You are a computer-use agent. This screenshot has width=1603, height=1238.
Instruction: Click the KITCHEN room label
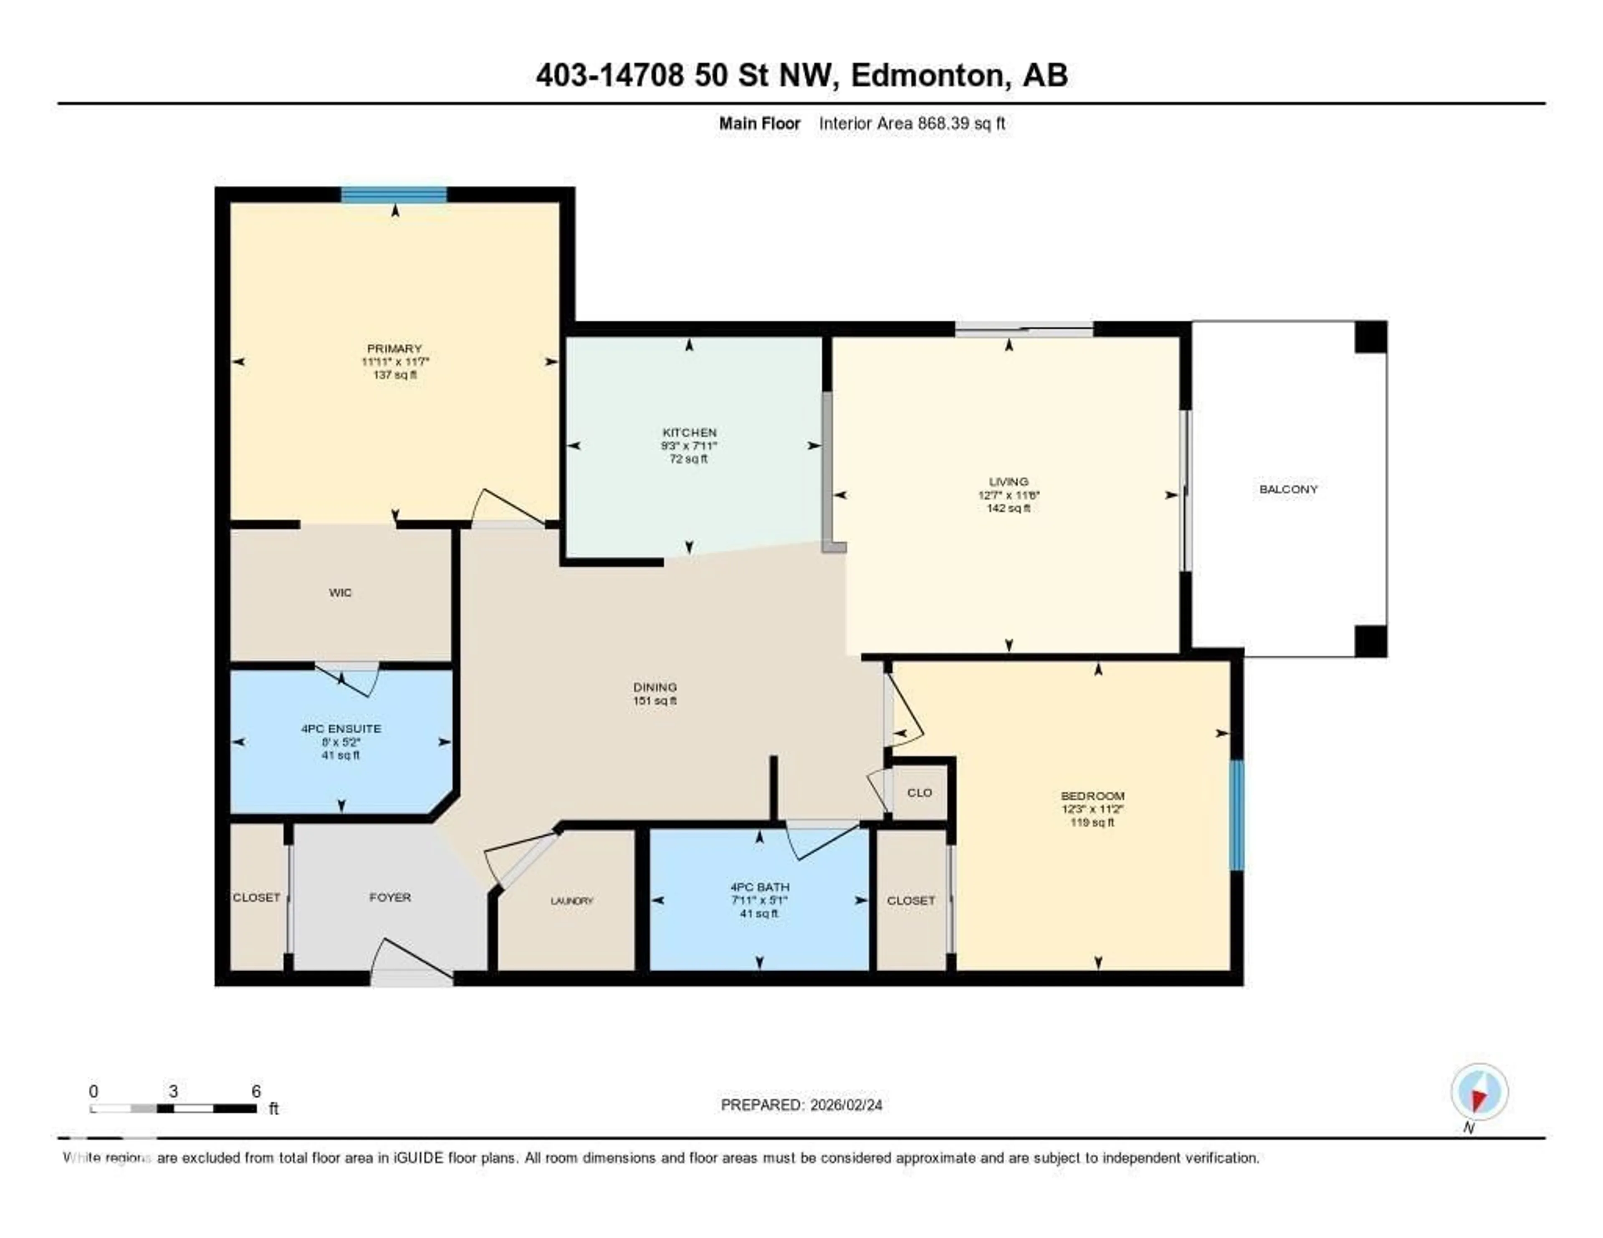click(689, 432)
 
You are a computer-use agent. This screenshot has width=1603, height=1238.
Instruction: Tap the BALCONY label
click(1288, 489)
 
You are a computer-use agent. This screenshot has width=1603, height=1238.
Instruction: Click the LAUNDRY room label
click(571, 900)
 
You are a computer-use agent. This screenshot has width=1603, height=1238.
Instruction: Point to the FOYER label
click(390, 897)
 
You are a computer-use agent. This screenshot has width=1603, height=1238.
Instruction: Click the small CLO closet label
click(919, 793)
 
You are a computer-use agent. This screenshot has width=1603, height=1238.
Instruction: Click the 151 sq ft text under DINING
click(655, 701)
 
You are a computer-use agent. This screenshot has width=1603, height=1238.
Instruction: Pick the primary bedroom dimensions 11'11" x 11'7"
click(395, 362)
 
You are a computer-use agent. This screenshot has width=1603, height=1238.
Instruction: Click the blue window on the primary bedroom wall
click(394, 195)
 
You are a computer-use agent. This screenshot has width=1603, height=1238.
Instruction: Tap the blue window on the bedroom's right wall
click(1237, 815)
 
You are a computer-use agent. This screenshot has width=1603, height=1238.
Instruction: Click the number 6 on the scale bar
click(255, 1091)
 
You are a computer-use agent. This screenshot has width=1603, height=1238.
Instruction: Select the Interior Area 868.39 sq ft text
click(912, 123)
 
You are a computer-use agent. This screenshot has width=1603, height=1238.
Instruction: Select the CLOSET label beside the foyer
click(256, 897)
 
